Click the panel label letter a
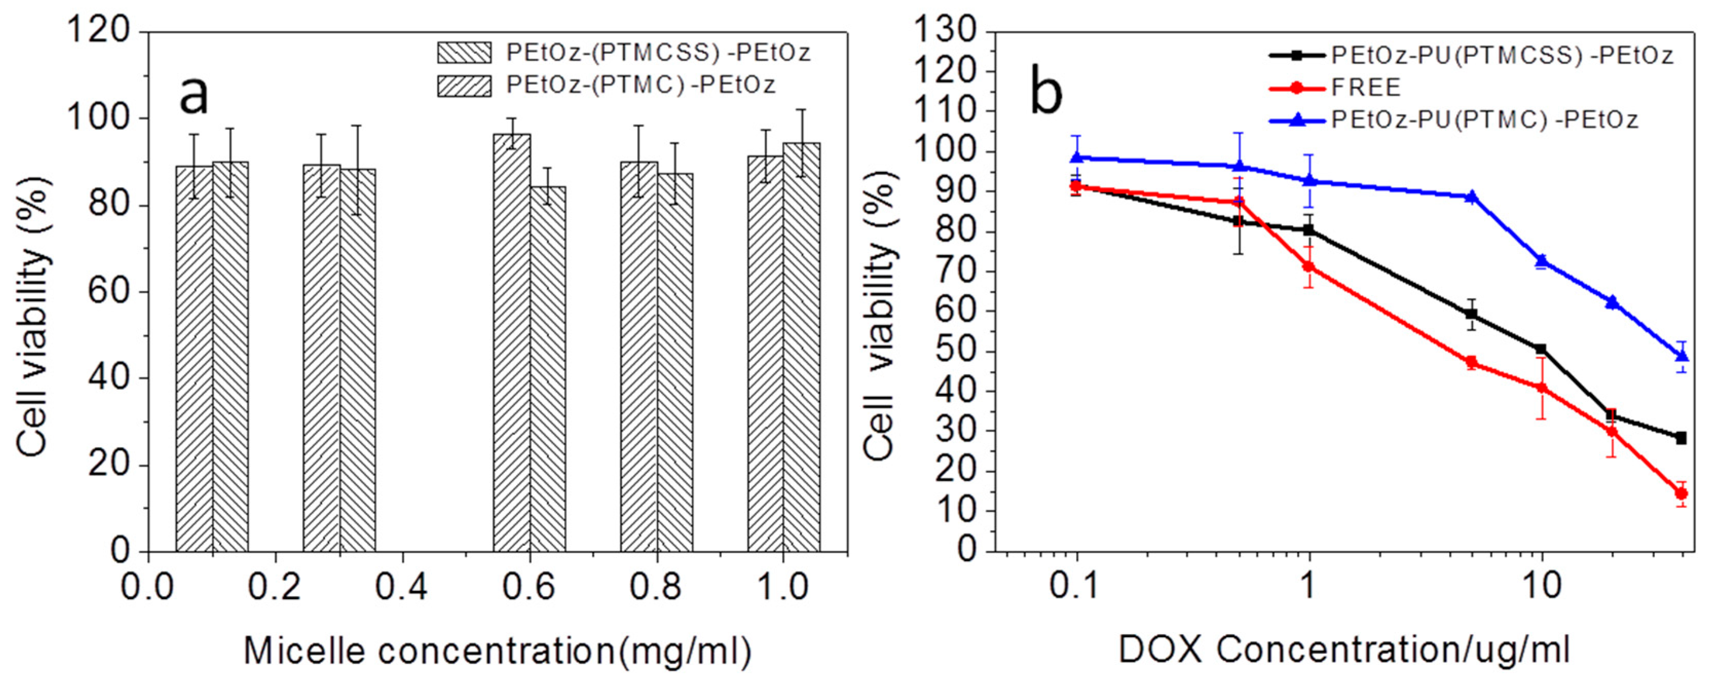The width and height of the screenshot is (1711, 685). click(x=194, y=95)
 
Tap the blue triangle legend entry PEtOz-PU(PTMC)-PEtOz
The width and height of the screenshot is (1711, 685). click(x=1485, y=120)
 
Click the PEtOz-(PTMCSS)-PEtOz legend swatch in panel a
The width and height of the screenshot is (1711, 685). click(x=464, y=52)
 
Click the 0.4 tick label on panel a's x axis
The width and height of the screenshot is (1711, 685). click(x=401, y=587)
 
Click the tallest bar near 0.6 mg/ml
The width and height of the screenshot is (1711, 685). click(x=511, y=342)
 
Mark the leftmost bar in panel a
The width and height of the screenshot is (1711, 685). click(x=194, y=358)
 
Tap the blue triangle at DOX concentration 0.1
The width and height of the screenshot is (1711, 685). click(x=1076, y=157)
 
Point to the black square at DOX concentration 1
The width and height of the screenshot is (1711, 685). click(x=1309, y=230)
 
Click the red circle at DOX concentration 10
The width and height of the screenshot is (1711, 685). click(x=1541, y=388)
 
